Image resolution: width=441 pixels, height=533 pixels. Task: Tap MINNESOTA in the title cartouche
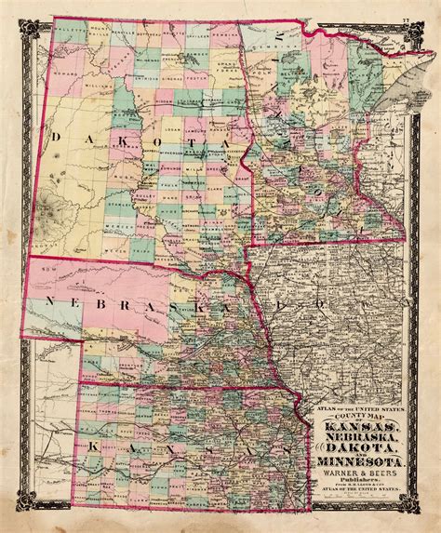coord(365,461)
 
